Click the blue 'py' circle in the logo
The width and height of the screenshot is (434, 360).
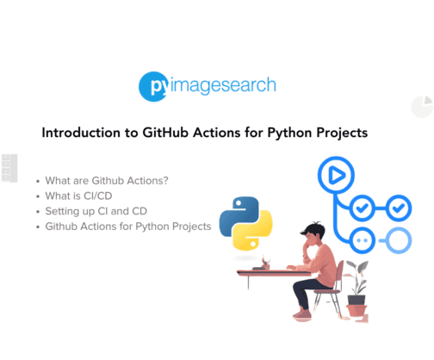pyautogui.click(x=153, y=87)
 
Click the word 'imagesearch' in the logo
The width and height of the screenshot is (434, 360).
pyautogui.click(x=221, y=86)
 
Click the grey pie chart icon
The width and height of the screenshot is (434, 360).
pyautogui.click(x=422, y=107)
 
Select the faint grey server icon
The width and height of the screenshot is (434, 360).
pyautogui.click(x=9, y=168)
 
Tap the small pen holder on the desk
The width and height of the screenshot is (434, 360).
pyautogui.click(x=265, y=264)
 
